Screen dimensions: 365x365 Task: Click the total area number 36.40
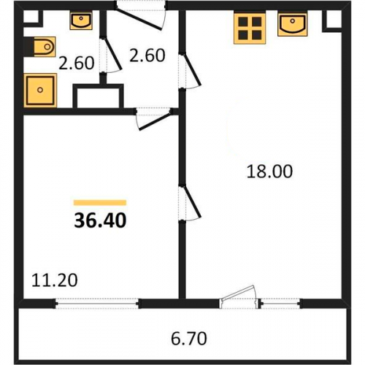pyautogui.click(x=100, y=220)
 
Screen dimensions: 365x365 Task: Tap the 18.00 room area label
pyautogui.click(x=269, y=172)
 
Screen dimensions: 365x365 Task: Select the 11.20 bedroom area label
pyautogui.click(x=55, y=280)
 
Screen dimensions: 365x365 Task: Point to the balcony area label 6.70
pyautogui.click(x=189, y=339)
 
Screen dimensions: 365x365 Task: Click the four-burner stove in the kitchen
pyautogui.click(x=250, y=28)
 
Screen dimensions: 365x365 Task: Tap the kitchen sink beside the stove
pyautogui.click(x=293, y=25)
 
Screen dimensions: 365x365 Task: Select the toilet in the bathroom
pyautogui.click(x=41, y=47)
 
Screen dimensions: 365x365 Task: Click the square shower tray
pyautogui.click(x=40, y=91)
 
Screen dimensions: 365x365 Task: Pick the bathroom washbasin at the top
pyautogui.click(x=81, y=20)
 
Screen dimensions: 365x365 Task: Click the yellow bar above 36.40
pyautogui.click(x=100, y=202)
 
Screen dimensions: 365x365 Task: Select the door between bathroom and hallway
pyautogui.click(x=110, y=55)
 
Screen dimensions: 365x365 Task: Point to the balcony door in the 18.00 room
pyautogui.click(x=239, y=297)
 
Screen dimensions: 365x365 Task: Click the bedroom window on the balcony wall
pyautogui.click(x=97, y=304)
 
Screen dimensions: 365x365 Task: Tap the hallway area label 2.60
pyautogui.click(x=147, y=55)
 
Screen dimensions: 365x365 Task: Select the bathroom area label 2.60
pyautogui.click(x=77, y=63)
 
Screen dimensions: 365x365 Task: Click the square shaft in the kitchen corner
pyautogui.click(x=332, y=21)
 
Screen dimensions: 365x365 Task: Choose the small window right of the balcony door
pyautogui.click(x=280, y=304)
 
